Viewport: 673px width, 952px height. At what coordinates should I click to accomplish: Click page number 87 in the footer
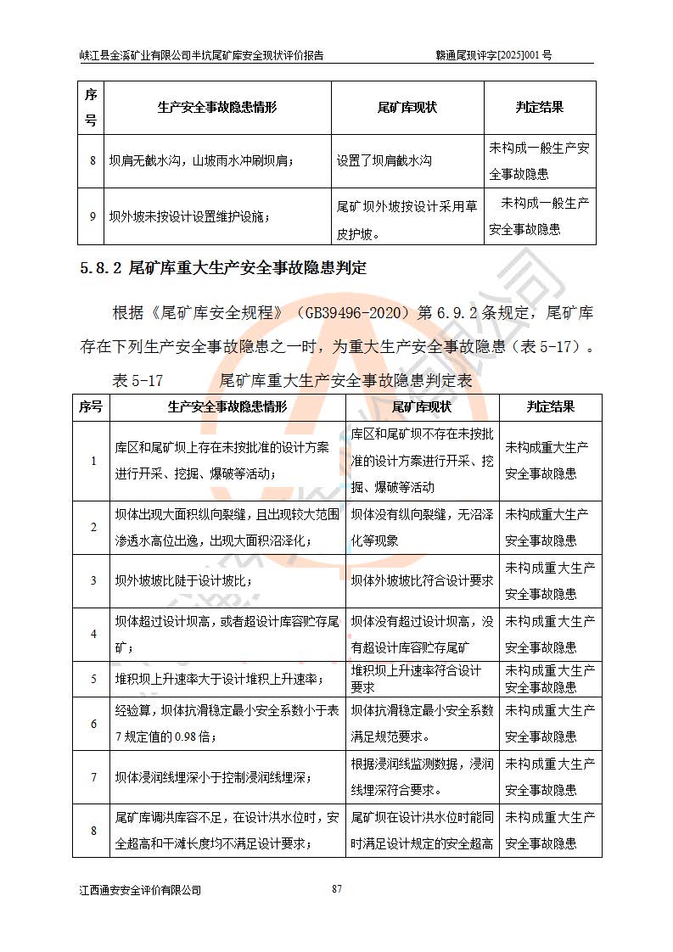point(337,888)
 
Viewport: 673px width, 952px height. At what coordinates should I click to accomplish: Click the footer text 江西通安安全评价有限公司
point(140,890)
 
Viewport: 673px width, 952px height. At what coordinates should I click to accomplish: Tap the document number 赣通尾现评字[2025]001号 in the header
point(493,55)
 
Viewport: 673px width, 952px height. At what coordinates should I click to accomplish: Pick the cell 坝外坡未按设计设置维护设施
point(189,216)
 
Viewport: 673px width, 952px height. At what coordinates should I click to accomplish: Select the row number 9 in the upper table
point(92,216)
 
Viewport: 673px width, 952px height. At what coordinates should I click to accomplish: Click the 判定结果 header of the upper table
point(540,108)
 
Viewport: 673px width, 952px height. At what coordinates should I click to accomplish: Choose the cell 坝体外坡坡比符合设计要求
point(423,581)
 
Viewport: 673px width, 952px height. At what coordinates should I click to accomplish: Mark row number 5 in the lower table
point(93,679)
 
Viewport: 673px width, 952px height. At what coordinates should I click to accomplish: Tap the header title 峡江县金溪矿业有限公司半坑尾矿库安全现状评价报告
point(201,55)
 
